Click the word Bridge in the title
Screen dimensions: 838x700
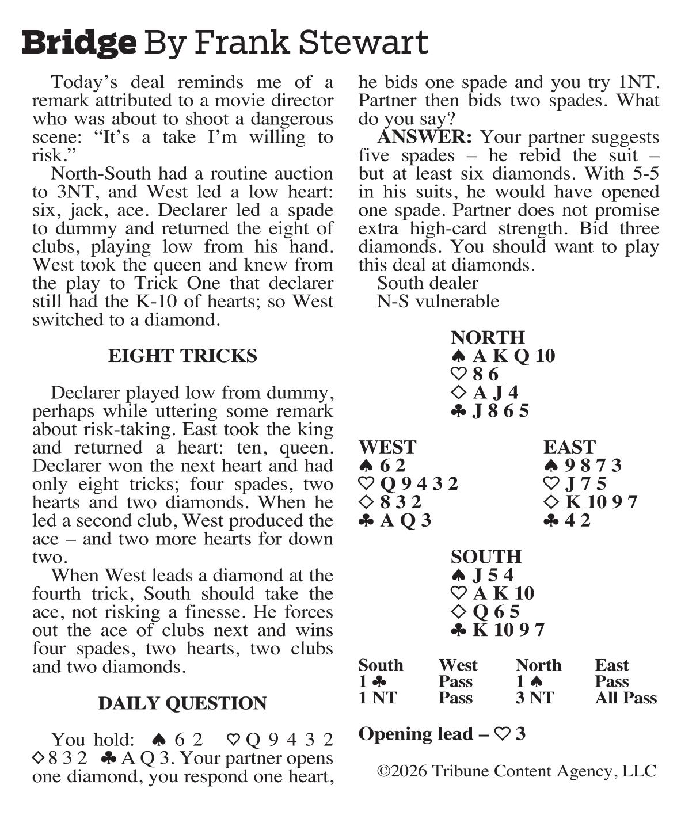pos(79,43)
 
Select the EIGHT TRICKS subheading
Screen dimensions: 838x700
pos(182,356)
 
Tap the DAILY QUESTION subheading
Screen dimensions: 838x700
pos(182,703)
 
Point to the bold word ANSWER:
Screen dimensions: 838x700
pos(424,137)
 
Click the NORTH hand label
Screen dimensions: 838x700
pos(488,337)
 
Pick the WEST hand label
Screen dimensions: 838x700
pos(387,447)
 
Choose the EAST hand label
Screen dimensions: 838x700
pos(569,447)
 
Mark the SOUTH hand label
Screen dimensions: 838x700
pos(486,557)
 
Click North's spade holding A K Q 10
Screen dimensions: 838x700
pos(503,356)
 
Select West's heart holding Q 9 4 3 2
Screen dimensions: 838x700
pos(408,484)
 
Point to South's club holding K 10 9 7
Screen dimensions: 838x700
pos(498,630)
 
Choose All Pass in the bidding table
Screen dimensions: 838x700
pos(626,698)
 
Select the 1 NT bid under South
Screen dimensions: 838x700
pos(378,698)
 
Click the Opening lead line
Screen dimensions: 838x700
pos(442,734)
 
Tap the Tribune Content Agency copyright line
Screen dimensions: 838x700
pos(516,771)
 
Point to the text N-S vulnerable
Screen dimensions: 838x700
pos(438,302)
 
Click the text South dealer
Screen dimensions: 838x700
pos(427,283)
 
